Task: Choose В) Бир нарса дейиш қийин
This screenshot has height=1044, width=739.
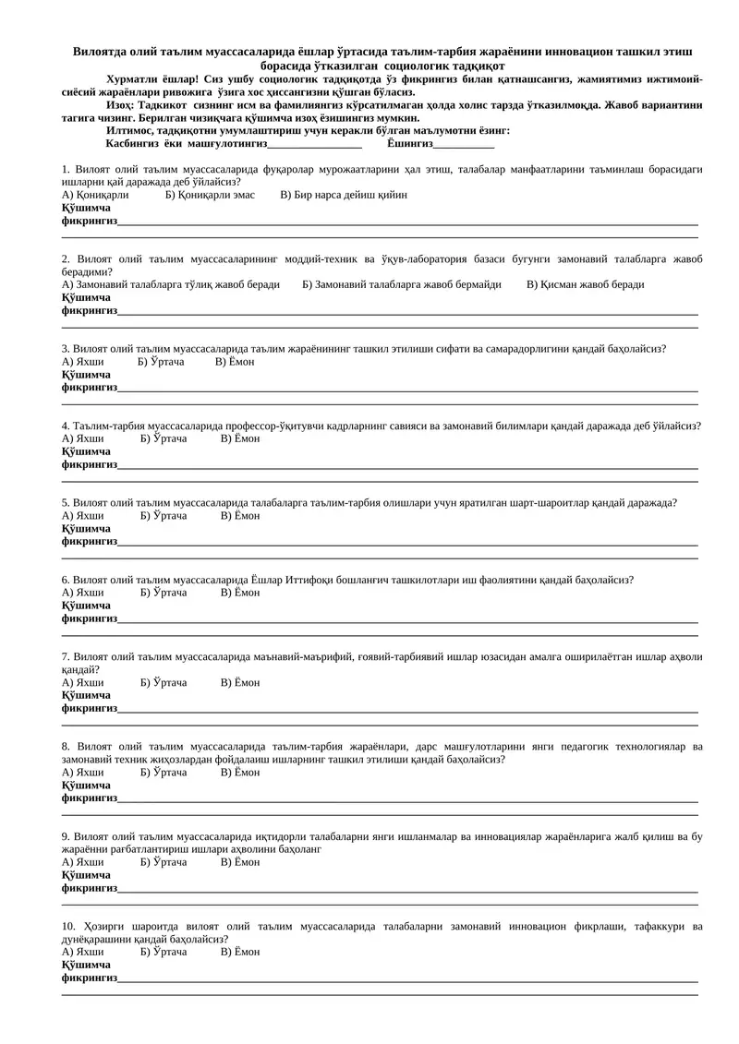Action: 344,195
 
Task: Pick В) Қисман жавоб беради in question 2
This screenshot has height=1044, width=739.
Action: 586,284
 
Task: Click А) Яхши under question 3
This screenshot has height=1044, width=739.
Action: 82,362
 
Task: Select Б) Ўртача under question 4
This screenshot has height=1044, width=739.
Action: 164,438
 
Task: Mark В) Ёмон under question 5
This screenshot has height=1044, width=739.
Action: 240,515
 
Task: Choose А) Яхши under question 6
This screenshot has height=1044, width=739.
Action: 82,593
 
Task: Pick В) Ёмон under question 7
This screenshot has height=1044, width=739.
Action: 240,682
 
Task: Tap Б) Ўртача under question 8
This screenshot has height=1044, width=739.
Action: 164,772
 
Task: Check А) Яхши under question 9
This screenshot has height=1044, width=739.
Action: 82,862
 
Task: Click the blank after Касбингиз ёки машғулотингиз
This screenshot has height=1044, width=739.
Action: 314,145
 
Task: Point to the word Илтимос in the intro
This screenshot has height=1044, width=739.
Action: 130,130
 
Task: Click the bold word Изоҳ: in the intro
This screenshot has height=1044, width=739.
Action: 122,105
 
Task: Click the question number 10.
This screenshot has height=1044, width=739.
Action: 67,926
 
